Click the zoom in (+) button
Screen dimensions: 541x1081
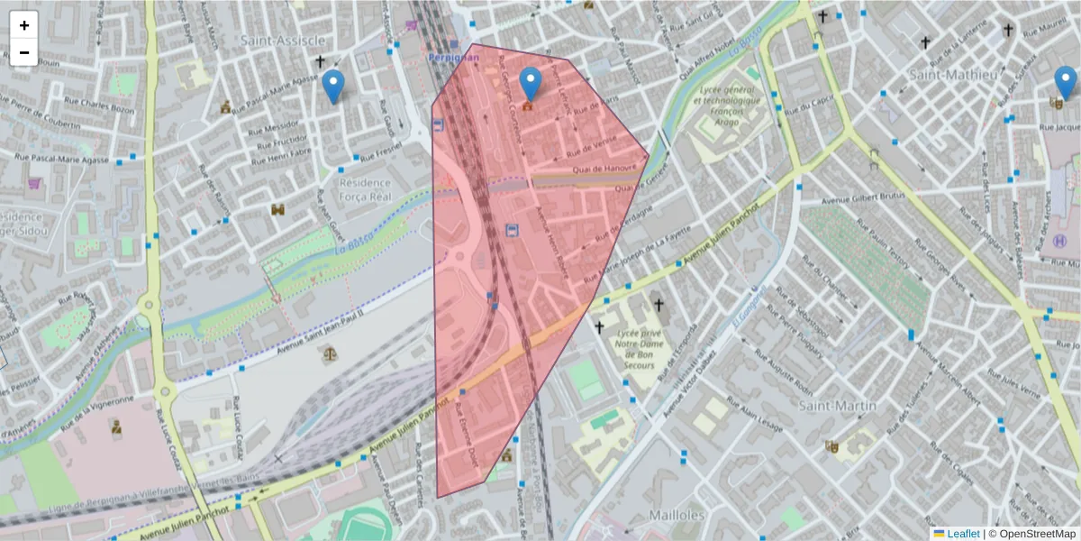(x=24, y=25)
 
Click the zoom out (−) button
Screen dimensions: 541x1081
(x=24, y=52)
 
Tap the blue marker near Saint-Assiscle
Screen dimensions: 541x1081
(x=333, y=87)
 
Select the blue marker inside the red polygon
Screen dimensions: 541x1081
(x=531, y=84)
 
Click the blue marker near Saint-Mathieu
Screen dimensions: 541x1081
(x=1065, y=83)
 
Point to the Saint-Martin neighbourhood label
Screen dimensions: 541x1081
(x=838, y=406)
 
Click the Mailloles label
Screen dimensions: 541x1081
(x=677, y=515)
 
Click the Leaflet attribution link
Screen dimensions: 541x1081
(x=962, y=534)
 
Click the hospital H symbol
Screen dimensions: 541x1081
(x=1060, y=241)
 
